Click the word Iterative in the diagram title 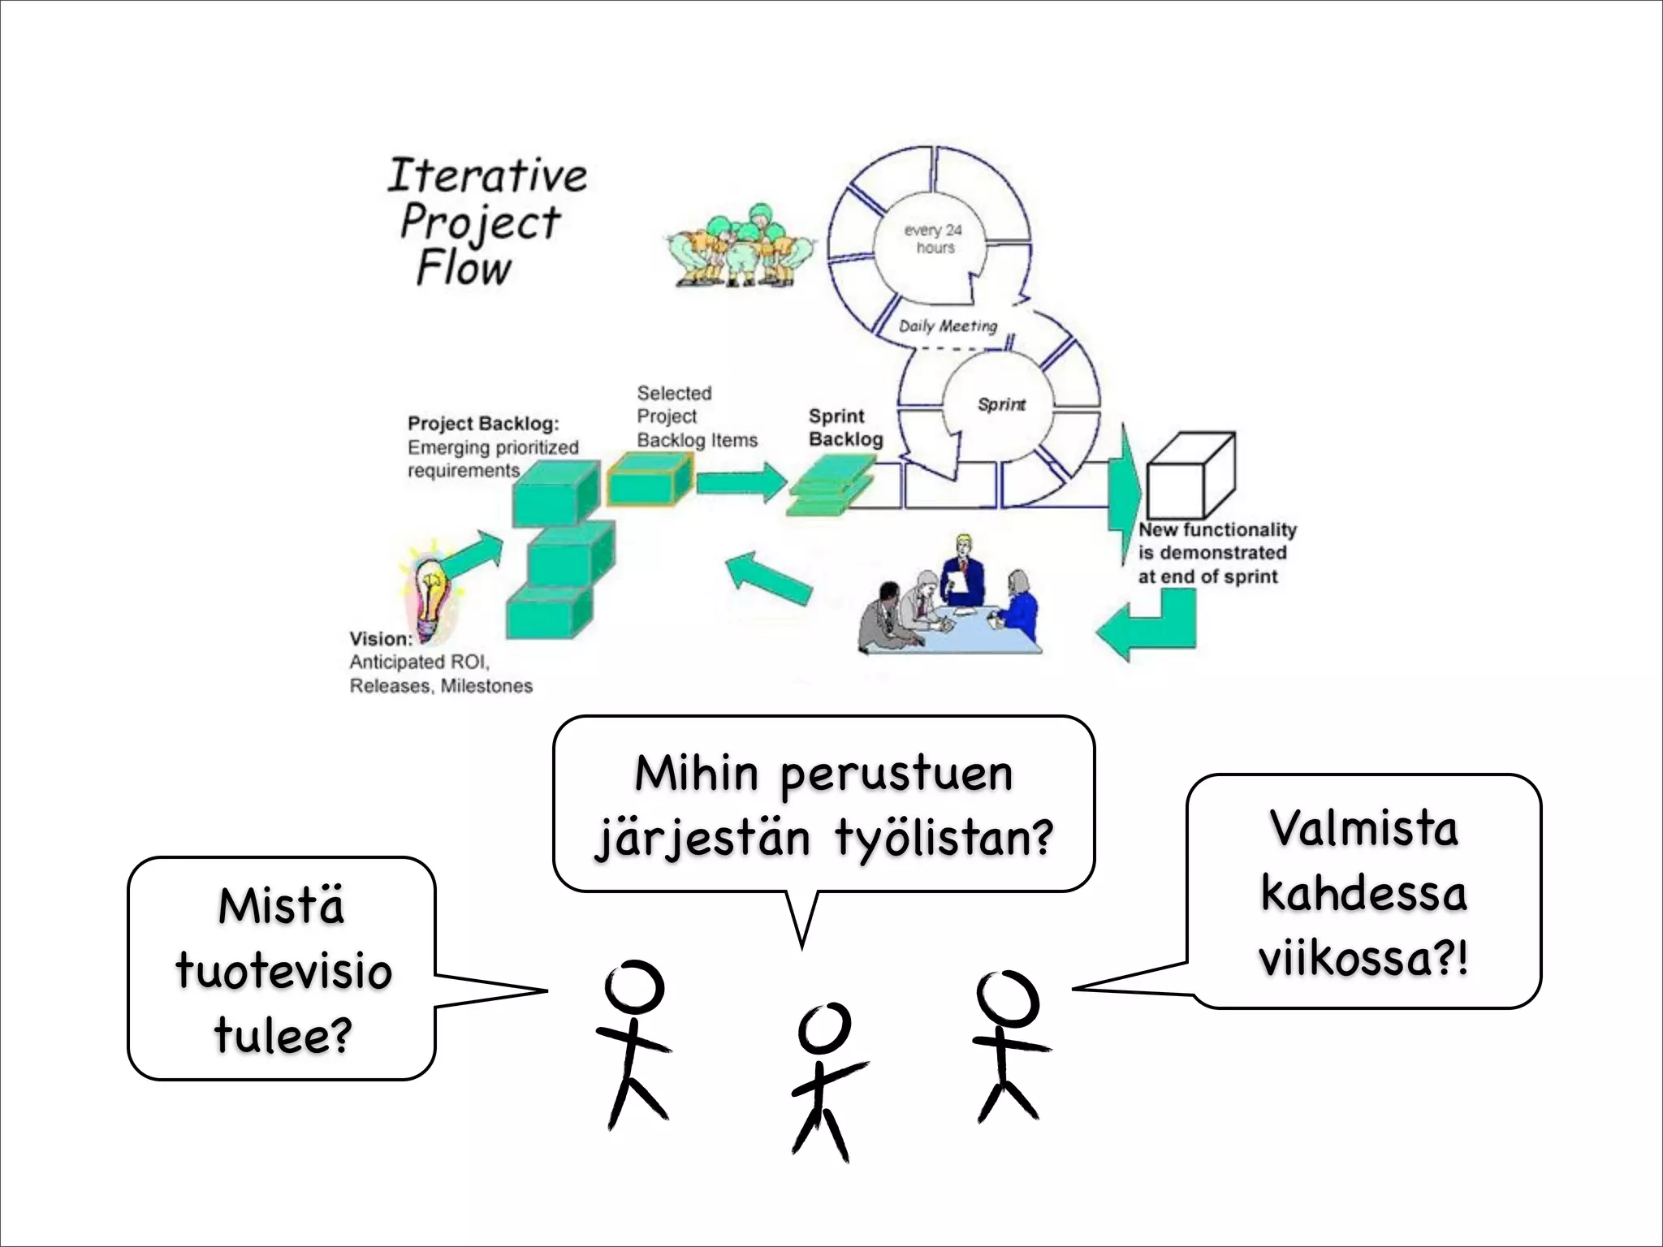pos(486,175)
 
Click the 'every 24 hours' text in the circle pos(934,239)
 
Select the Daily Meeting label pos(948,326)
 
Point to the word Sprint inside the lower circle pos(1001,404)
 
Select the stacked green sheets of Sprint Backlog pos(828,487)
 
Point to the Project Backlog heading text pos(483,423)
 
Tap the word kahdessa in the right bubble pos(1363,893)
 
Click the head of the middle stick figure pos(824,1027)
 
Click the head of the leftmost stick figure pos(634,986)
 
